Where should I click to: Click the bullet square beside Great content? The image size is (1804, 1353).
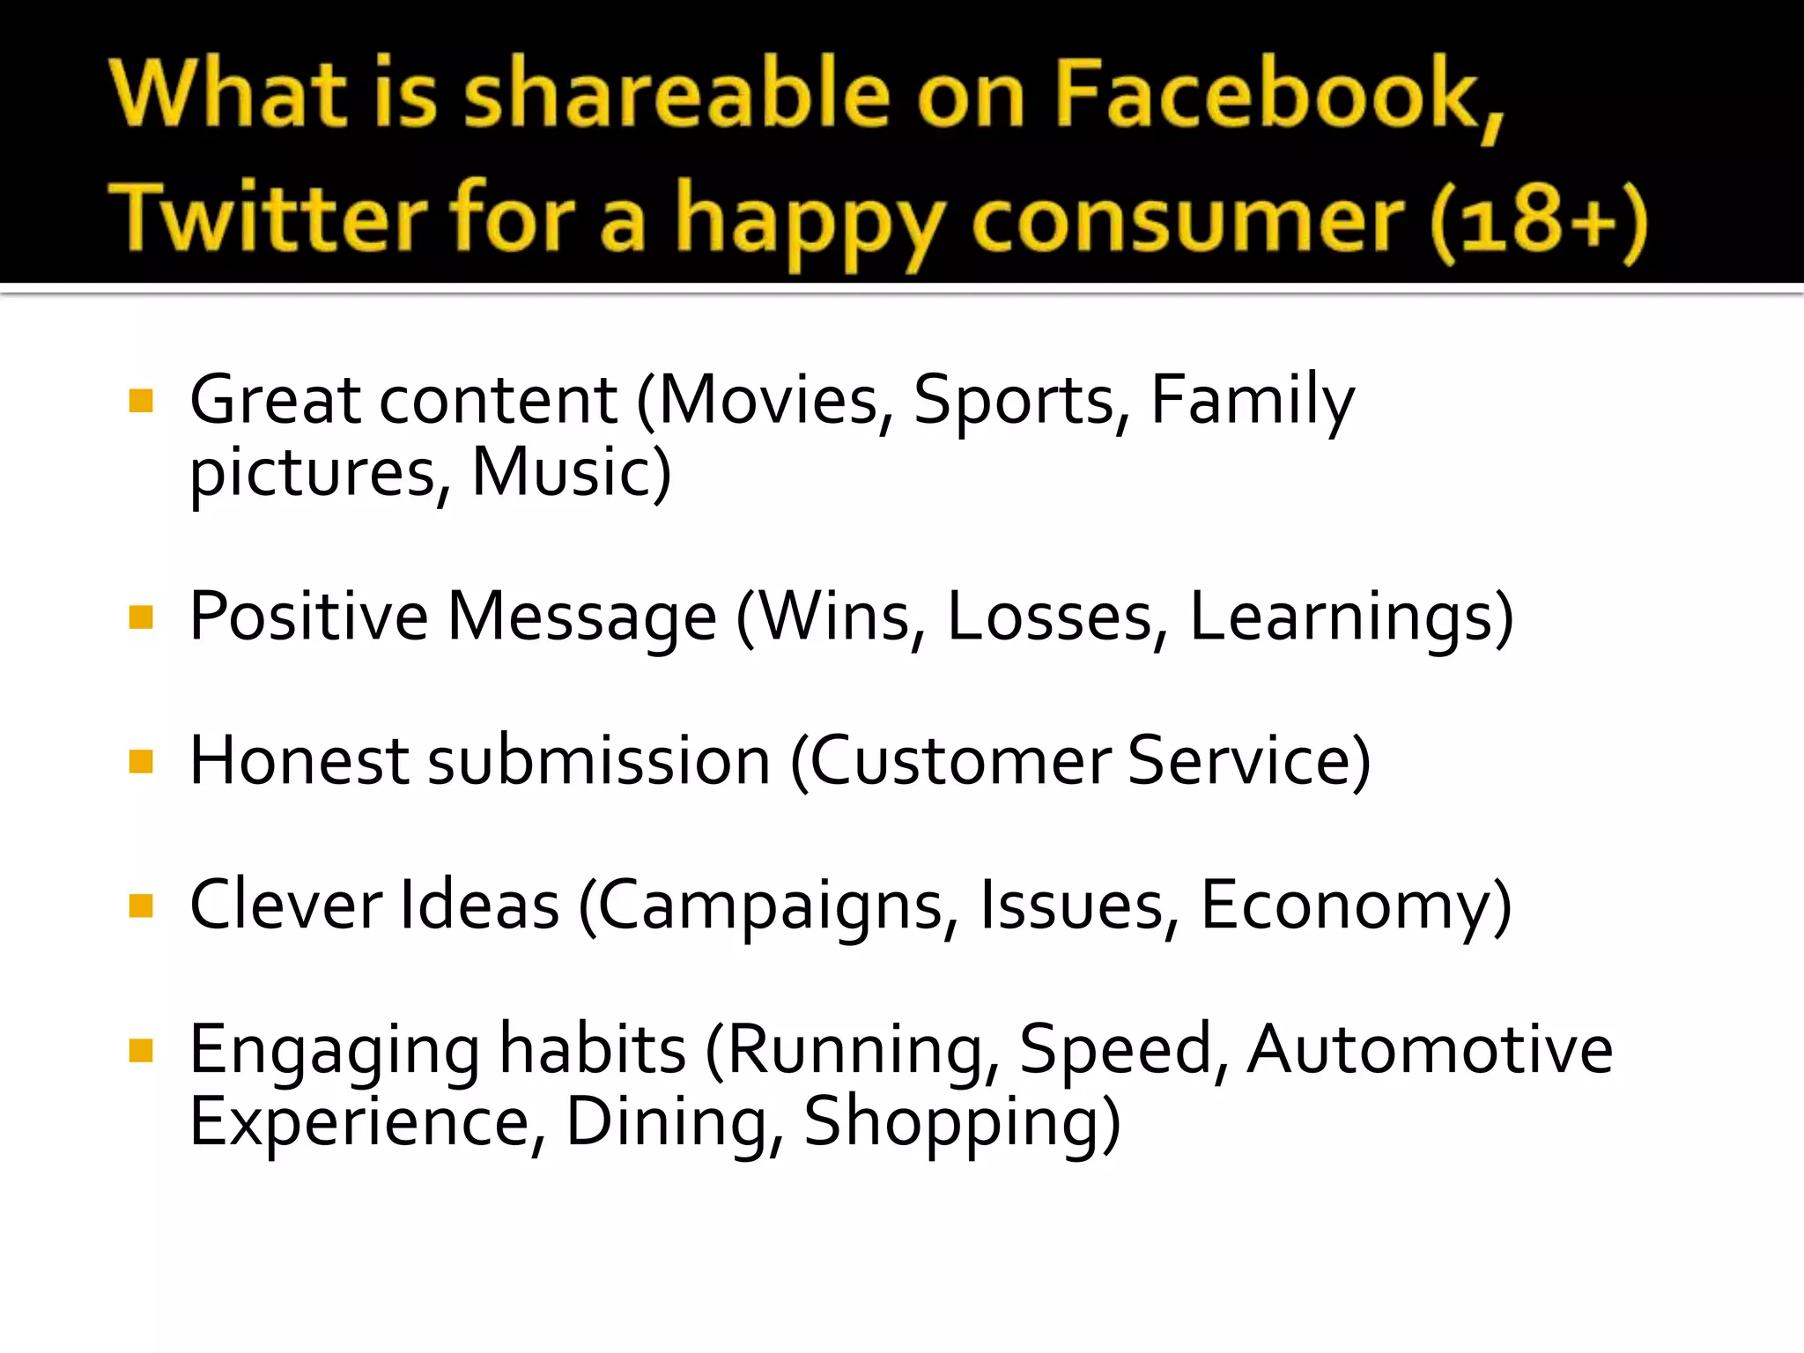pyautogui.click(x=141, y=402)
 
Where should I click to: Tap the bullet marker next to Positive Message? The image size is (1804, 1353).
pyautogui.click(x=141, y=617)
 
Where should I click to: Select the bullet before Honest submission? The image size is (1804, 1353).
pyautogui.click(x=141, y=761)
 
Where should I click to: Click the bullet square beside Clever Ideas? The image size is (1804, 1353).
pyautogui.click(x=141, y=906)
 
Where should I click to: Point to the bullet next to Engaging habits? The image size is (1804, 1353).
pyautogui.click(x=141, y=1050)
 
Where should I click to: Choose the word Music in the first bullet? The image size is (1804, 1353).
pyautogui.click(x=564, y=473)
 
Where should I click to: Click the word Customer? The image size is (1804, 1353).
pyautogui.click(x=960, y=761)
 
